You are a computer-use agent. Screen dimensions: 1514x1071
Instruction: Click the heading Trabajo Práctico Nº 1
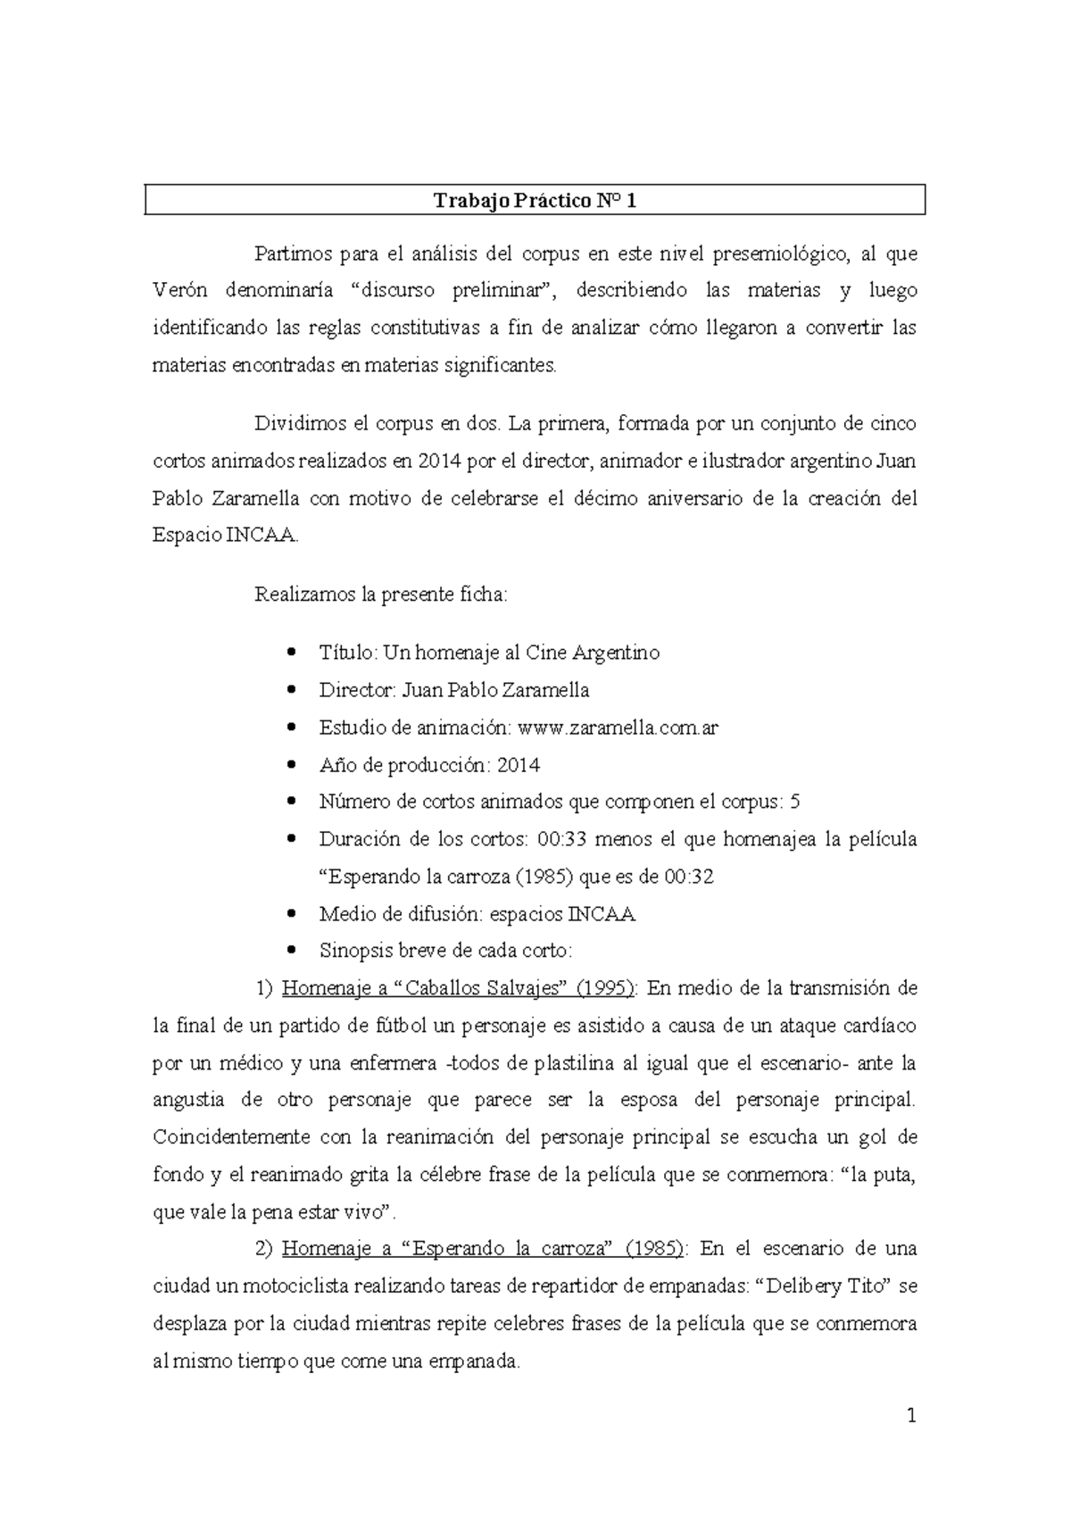tap(535, 201)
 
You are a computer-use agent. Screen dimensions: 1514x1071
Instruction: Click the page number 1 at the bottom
tap(911, 1416)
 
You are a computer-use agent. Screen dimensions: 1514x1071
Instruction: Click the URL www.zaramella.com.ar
tap(618, 728)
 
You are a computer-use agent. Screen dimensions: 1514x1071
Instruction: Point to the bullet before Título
tap(294, 653)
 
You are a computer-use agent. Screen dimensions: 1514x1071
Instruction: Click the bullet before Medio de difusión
tap(294, 915)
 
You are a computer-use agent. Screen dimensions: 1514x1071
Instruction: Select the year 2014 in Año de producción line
tap(518, 765)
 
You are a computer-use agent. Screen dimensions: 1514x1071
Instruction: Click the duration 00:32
tap(689, 877)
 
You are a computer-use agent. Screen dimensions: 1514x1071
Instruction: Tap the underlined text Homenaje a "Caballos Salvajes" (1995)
tap(459, 988)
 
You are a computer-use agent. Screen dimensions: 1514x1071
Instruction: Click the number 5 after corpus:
tap(795, 802)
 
